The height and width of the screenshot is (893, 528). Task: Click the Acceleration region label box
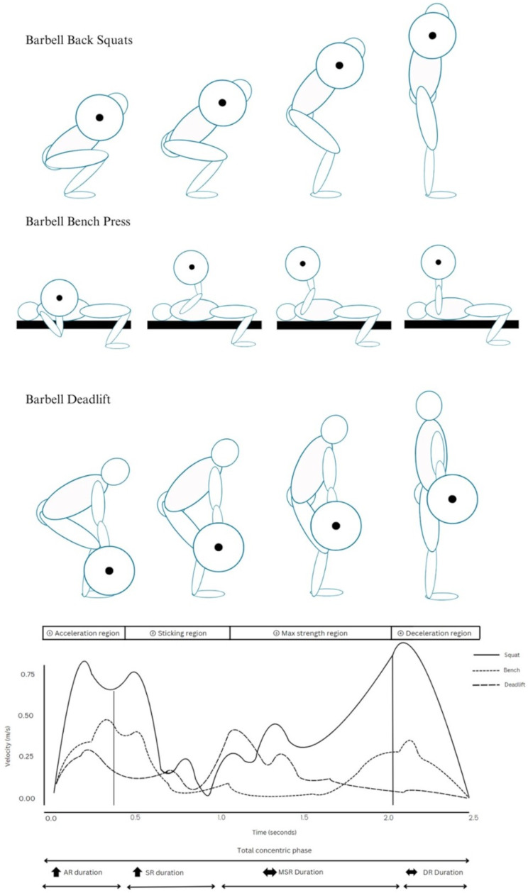click(x=83, y=633)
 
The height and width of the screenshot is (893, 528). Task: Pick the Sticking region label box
click(x=177, y=633)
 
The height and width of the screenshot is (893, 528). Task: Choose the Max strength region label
click(x=310, y=633)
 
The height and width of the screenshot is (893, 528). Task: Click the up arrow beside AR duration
click(x=57, y=871)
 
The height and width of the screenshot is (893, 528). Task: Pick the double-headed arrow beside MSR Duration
click(x=270, y=871)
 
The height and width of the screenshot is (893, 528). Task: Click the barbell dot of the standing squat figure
click(x=431, y=35)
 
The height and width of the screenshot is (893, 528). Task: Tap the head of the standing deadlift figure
click(x=429, y=406)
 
